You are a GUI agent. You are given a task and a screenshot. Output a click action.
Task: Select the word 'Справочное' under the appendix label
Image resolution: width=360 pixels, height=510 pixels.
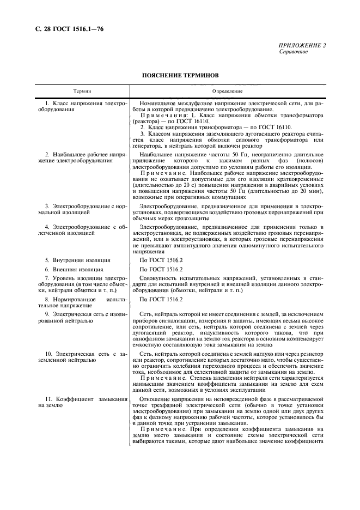tap(294, 52)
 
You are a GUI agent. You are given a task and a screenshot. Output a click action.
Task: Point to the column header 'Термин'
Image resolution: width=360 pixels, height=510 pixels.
tap(82, 92)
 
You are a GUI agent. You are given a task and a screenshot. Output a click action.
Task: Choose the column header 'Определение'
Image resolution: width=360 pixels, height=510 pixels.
tap(231, 92)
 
